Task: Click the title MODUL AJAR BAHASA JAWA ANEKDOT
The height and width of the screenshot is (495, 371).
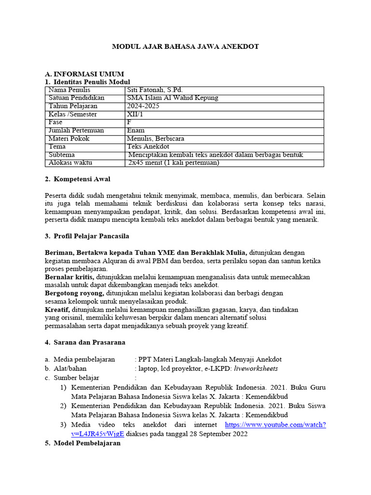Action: click(x=185, y=46)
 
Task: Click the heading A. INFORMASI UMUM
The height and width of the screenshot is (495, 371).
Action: click(x=84, y=74)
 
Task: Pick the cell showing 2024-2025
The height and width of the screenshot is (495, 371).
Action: click(x=143, y=106)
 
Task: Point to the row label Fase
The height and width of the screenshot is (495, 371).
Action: click(x=56, y=122)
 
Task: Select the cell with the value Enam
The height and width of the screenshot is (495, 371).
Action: click(x=136, y=131)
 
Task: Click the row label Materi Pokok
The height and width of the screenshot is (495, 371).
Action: click(x=69, y=139)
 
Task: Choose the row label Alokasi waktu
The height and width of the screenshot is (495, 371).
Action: click(x=71, y=163)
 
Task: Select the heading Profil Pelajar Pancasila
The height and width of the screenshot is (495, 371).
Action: click(x=91, y=236)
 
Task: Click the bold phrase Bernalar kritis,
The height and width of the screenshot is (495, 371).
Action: click(x=70, y=277)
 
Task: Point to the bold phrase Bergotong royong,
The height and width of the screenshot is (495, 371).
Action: click(x=74, y=293)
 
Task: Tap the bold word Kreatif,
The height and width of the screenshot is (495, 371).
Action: click(x=57, y=309)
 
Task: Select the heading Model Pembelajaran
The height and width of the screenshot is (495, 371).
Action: click(x=86, y=443)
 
